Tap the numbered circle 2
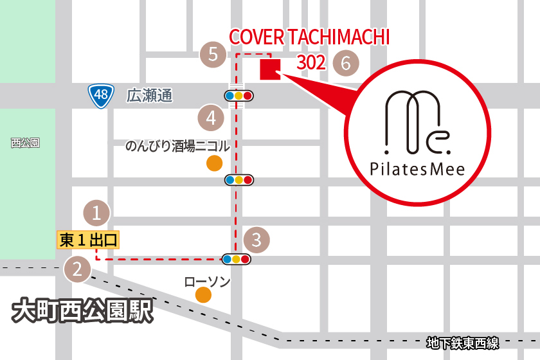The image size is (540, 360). click(77, 269)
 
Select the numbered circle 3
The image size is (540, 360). click(256, 240)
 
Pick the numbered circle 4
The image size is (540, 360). click(211, 117)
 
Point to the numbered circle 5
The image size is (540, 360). click(213, 55)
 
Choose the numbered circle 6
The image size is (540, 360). click(346, 63)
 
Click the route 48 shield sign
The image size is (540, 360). click(101, 96)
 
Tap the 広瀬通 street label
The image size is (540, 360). click(149, 96)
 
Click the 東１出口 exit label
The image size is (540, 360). click(88, 240)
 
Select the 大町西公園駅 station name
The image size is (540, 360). click(83, 312)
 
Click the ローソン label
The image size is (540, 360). click(206, 282)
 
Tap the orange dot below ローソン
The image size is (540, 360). click(203, 295)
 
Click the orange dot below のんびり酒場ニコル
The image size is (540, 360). click(214, 163)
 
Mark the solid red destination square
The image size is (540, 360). click(269, 69)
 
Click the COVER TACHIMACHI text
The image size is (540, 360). click(309, 37)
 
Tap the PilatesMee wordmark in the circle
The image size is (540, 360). click(417, 169)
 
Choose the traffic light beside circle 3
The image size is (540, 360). click(236, 260)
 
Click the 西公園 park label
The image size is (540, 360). click(25, 143)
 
